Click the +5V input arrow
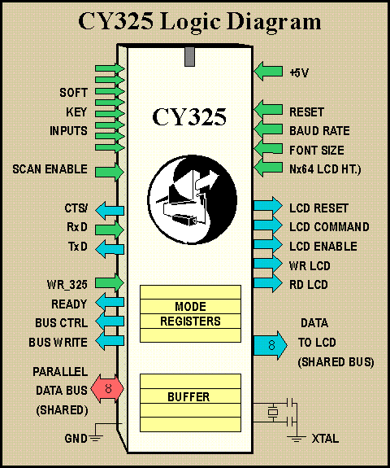click(x=268, y=72)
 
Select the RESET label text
click(x=306, y=112)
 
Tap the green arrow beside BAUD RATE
click(x=268, y=129)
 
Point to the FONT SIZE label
click(x=317, y=150)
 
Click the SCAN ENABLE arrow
click(x=110, y=172)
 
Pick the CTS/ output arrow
click(x=110, y=211)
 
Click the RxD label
click(x=77, y=227)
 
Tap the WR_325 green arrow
click(x=110, y=282)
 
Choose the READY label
click(x=69, y=304)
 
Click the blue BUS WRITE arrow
click(x=110, y=340)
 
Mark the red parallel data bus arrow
click(x=107, y=388)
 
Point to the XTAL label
click(x=325, y=439)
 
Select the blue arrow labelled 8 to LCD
click(x=271, y=345)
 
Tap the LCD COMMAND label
click(x=329, y=227)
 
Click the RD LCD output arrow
click(x=268, y=283)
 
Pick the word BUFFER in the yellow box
click(x=188, y=397)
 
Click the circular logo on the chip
click(x=193, y=199)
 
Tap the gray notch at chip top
click(x=189, y=56)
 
